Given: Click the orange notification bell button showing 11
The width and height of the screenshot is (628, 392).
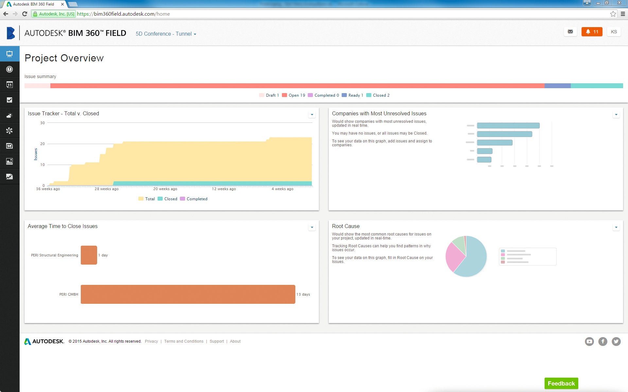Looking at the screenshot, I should tap(592, 32).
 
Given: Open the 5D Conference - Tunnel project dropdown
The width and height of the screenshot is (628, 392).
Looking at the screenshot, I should tap(166, 34).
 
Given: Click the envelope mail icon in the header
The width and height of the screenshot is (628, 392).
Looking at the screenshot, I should tap(570, 32).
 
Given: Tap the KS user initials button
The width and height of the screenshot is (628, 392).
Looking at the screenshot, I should tap(614, 32).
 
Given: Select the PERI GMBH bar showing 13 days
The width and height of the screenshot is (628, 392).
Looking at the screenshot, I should tap(188, 294).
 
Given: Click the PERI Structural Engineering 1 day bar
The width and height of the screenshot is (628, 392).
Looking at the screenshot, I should tap(89, 255).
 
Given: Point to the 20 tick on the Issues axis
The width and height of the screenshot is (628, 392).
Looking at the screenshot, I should tap(43, 144).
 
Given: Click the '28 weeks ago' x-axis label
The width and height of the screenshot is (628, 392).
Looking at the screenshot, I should tap(107, 189).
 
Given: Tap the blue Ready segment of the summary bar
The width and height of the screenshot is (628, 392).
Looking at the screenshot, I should tap(557, 86).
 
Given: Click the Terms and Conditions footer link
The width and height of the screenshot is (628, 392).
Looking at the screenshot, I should tap(184, 341).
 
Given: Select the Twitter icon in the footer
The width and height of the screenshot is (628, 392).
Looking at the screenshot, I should tap(616, 341).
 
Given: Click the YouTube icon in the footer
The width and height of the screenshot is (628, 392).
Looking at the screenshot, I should tap(589, 341).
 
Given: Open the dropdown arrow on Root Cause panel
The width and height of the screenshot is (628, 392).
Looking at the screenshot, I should tap(616, 227).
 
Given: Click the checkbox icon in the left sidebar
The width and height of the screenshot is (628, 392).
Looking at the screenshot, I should tap(9, 100).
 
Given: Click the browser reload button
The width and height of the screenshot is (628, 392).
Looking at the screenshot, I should tap(25, 14).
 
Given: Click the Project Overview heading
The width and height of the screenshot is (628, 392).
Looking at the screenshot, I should tap(64, 58).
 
